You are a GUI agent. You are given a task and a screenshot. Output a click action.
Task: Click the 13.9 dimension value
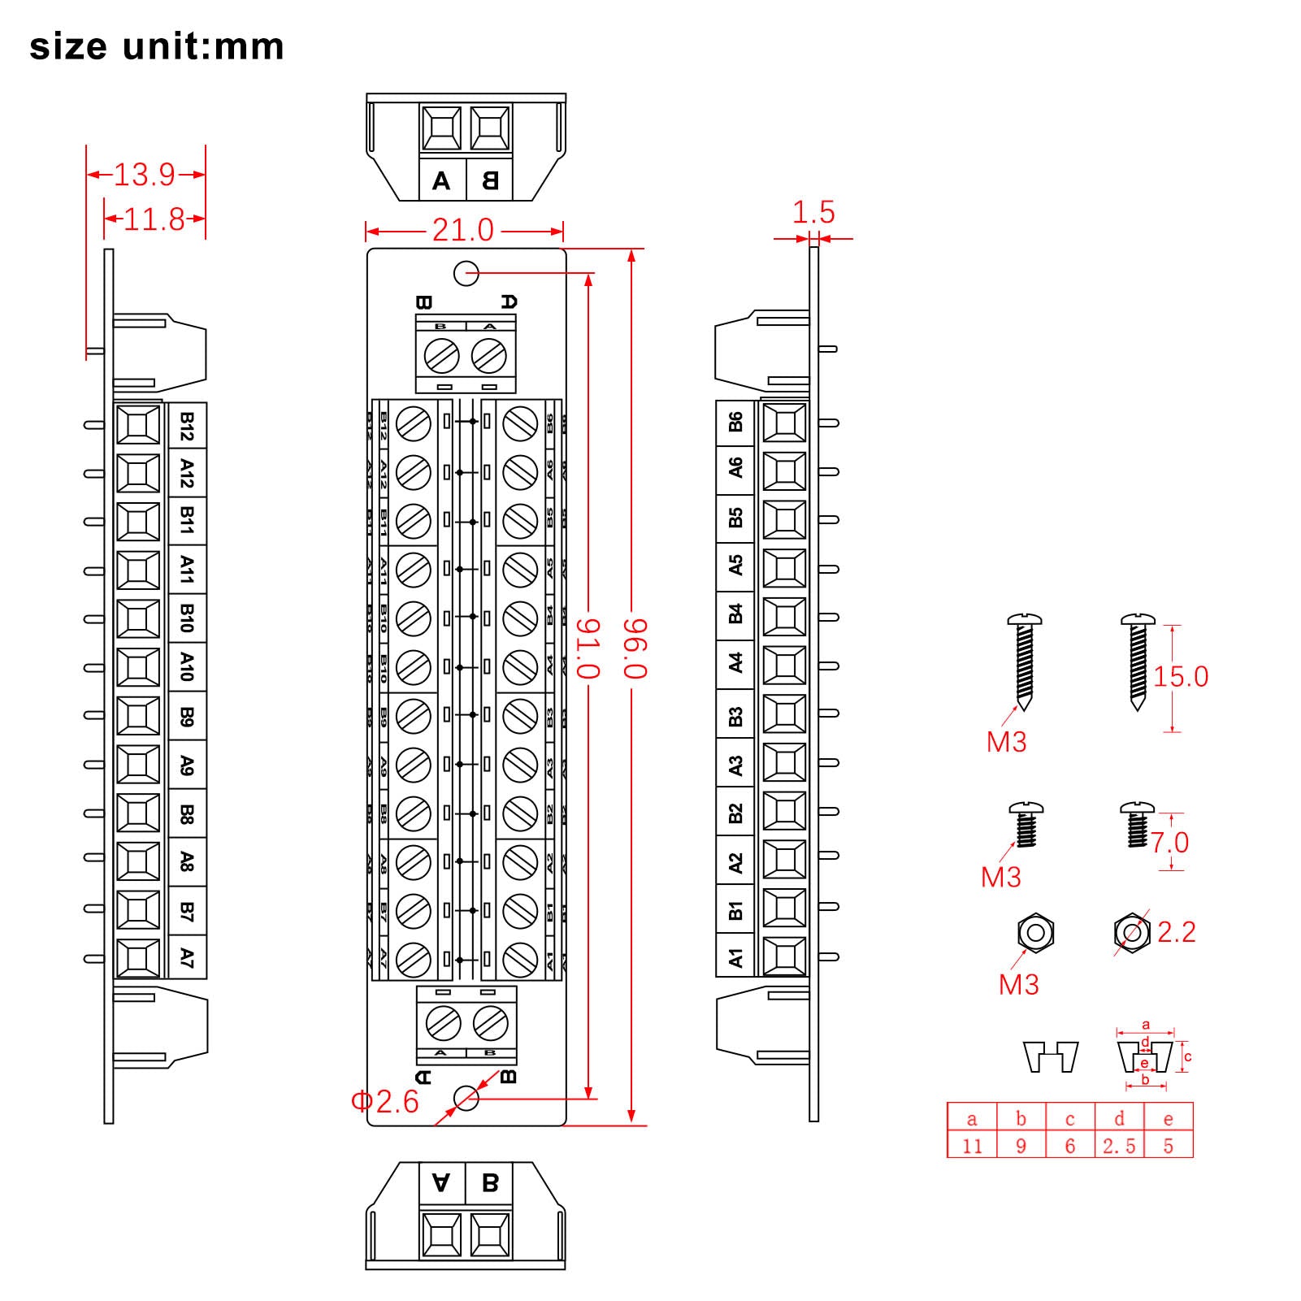click(x=145, y=175)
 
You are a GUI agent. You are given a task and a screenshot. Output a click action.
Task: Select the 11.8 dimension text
click(x=154, y=219)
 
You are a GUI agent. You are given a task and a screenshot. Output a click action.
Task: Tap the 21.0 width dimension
click(x=462, y=231)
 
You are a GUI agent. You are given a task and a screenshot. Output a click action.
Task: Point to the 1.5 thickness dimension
click(x=813, y=213)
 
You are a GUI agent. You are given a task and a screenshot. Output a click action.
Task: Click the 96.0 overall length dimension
click(x=635, y=648)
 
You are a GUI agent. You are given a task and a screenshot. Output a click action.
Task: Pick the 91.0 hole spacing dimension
click(x=588, y=648)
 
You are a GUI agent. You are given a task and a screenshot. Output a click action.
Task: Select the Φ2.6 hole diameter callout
click(x=385, y=1102)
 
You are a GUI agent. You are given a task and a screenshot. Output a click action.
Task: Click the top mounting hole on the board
click(x=466, y=274)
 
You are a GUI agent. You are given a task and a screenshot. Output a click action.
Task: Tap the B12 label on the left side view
click(x=187, y=426)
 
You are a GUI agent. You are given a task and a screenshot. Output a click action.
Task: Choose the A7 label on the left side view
click(x=187, y=957)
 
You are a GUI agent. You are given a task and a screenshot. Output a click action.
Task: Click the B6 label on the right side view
click(x=735, y=422)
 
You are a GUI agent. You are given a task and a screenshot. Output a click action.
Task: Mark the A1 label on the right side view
click(x=735, y=957)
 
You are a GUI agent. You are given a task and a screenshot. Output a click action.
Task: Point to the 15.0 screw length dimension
click(x=1181, y=677)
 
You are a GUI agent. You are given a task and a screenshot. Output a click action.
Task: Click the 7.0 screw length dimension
click(x=1169, y=843)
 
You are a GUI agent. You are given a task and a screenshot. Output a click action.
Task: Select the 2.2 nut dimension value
click(x=1176, y=932)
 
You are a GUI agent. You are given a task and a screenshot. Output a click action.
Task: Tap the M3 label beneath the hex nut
click(x=1018, y=985)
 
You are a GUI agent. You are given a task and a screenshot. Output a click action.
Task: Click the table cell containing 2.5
click(x=1119, y=1146)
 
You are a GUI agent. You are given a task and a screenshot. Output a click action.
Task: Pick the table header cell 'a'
click(x=972, y=1119)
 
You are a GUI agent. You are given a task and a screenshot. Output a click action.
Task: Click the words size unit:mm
click(x=157, y=46)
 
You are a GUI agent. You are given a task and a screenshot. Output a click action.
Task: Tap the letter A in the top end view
click(x=441, y=180)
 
